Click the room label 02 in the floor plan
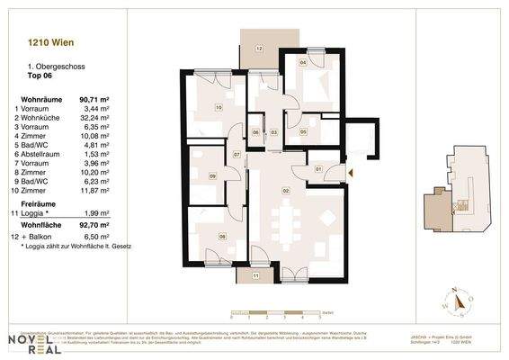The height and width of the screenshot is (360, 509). coord(286,191)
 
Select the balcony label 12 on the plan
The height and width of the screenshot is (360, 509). coord(258,48)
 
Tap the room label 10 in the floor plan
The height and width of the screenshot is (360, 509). coord(219,108)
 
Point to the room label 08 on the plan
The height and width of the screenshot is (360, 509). coord(222,237)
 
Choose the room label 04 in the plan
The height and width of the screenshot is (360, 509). coord(303,64)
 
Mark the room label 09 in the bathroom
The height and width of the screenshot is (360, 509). coord(212,176)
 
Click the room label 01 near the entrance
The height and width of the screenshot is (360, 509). coord(319,168)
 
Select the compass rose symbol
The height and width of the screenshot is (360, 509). coord(460,302)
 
